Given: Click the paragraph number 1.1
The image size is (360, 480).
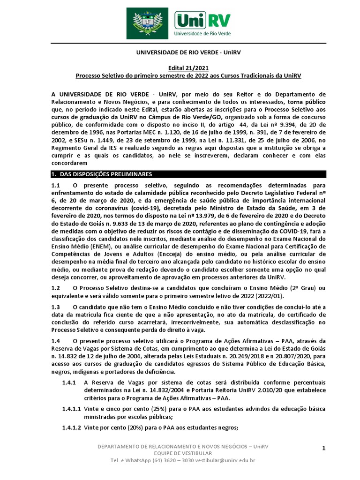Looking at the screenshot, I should pos(56,186).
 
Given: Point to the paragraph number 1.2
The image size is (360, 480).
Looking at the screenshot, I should pos(56,288).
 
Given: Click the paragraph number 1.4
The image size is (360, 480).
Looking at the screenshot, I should pos(56,341).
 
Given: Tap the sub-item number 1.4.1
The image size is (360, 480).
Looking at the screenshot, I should pos(69,382).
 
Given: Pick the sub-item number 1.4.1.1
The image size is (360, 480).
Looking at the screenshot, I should pos(72,409).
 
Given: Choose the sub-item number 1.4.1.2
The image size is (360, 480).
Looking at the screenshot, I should pos(72,427).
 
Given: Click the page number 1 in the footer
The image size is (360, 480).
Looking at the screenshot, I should pos(323,449).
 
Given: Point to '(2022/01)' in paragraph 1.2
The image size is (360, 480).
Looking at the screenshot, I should pos(268,296).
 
